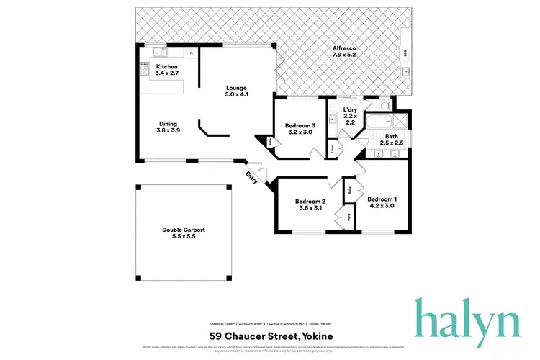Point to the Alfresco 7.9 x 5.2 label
[343, 52]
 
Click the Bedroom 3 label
[298, 127]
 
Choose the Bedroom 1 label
[382, 202]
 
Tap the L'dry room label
[350, 115]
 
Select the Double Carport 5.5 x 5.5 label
[183, 233]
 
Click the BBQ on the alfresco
[407, 54]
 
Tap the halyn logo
[466, 318]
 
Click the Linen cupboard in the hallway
[333, 149]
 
